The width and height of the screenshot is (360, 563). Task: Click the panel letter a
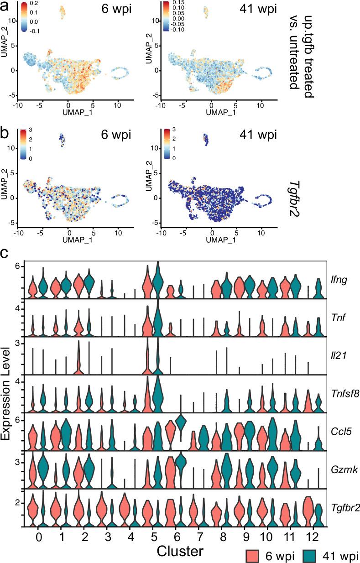click(5, 6)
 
